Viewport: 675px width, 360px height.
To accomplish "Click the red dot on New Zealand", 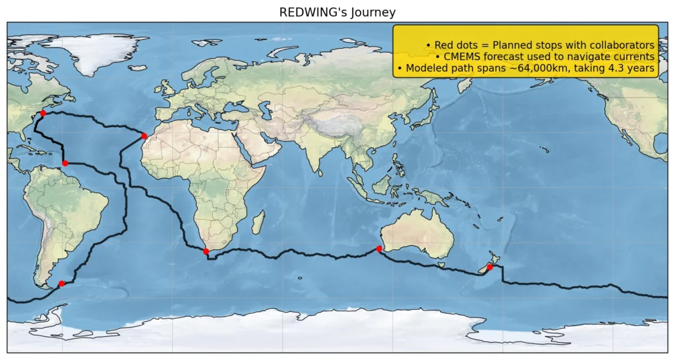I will coord(489,267).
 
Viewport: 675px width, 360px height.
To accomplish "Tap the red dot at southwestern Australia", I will coord(379,249).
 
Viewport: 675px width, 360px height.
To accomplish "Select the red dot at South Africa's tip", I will coord(206,251).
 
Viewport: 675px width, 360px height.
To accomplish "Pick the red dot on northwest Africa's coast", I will coord(144,136).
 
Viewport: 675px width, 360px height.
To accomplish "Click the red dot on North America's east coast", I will coord(43,113).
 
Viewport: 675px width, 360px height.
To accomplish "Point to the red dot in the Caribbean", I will coord(65,163).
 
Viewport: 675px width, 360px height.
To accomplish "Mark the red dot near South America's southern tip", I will coord(61,284).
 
